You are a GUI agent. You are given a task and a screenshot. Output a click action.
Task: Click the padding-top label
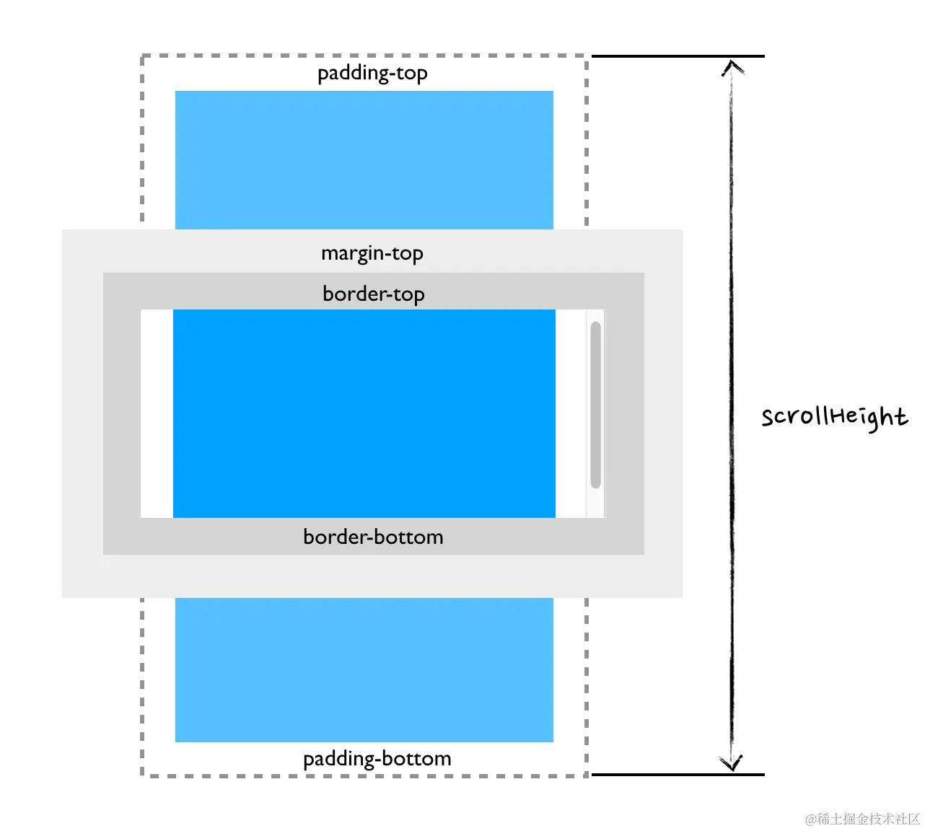point(372,73)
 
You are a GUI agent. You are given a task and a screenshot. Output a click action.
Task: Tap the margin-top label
point(372,253)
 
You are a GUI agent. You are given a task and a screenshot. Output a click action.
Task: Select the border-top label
point(374,294)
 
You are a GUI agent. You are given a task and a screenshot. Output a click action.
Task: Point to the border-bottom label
point(373,537)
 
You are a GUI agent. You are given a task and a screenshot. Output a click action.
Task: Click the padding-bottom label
point(377,758)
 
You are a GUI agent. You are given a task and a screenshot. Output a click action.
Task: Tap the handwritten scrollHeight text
point(834,417)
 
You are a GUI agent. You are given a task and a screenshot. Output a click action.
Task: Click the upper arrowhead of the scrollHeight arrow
point(732,68)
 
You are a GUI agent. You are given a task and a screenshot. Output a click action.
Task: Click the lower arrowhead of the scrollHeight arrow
point(732,763)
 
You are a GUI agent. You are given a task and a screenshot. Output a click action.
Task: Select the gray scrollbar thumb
point(596,404)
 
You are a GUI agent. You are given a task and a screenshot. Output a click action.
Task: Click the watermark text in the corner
point(862,819)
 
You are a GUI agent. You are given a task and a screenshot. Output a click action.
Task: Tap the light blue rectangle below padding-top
point(364,160)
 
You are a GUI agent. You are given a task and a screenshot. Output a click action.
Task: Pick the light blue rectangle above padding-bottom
point(364,669)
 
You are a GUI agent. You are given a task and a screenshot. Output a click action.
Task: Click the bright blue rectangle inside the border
point(364,413)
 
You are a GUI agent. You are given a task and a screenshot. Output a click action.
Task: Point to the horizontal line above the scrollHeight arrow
point(678,56)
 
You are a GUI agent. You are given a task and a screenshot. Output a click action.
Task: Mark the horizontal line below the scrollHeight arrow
point(678,775)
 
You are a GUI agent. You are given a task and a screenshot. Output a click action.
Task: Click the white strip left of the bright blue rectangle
point(157,413)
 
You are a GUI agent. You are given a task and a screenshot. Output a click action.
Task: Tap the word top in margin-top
point(408,254)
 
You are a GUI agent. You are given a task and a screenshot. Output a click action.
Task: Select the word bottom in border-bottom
point(410,537)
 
